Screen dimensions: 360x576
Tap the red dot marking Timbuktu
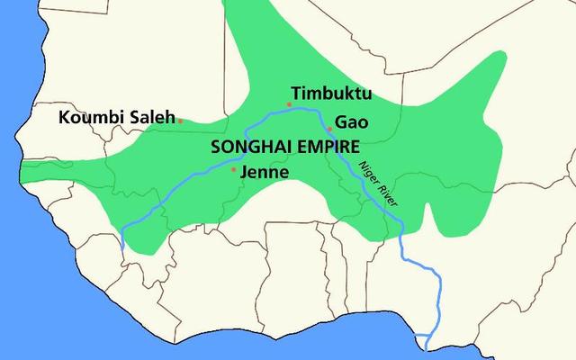point(289,104)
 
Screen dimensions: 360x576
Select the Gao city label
point(350,121)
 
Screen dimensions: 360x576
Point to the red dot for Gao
point(330,129)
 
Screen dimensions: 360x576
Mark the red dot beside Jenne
point(234,169)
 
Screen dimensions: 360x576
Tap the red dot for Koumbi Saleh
point(180,120)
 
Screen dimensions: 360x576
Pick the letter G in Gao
point(340,121)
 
